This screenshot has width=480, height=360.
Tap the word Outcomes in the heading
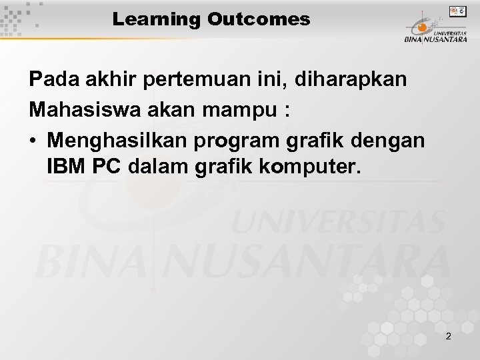[258, 20]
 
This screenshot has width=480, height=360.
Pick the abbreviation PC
[105, 167]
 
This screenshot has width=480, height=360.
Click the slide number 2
[448, 336]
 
